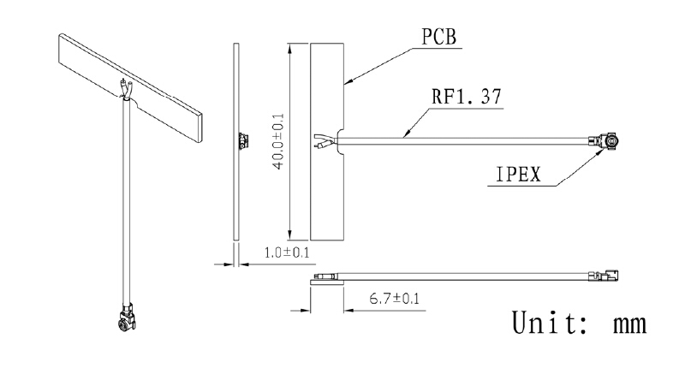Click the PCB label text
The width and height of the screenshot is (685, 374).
(439, 37)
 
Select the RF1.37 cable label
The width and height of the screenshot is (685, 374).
(467, 97)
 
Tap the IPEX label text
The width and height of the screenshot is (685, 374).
(519, 175)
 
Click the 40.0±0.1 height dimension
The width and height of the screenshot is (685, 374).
(278, 141)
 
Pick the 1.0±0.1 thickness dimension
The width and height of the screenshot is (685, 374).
(287, 252)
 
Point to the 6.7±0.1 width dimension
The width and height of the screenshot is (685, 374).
(394, 299)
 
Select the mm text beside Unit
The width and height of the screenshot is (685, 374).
(630, 324)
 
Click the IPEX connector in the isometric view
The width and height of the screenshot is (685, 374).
(127, 317)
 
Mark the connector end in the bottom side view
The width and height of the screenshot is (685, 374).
(604, 276)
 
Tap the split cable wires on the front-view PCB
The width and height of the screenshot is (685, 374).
(325, 141)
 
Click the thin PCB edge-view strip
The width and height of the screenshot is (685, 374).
(236, 141)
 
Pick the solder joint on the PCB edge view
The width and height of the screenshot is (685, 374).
(243, 141)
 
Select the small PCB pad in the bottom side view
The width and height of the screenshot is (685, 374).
(327, 282)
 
